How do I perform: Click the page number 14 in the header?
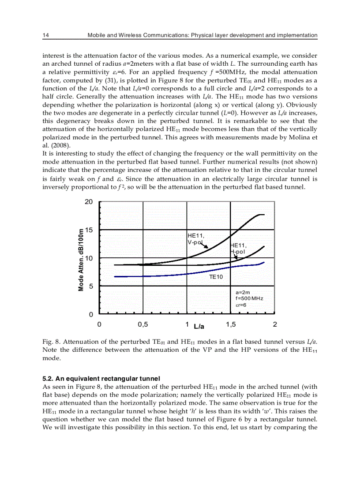click(45, 35)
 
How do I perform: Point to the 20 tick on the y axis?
click(89, 201)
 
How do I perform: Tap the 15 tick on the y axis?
click(89, 230)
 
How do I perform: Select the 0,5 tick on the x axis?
click(142, 325)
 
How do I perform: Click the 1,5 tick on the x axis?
click(230, 325)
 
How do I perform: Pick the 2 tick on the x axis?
click(275, 325)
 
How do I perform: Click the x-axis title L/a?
click(199, 326)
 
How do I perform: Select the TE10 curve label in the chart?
click(216, 277)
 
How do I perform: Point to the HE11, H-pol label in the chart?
click(239, 248)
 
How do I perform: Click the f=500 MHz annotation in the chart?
click(249, 298)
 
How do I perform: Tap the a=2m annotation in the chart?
click(243, 292)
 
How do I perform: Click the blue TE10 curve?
click(176, 275)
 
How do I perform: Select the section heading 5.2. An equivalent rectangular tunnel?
click(101, 378)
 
